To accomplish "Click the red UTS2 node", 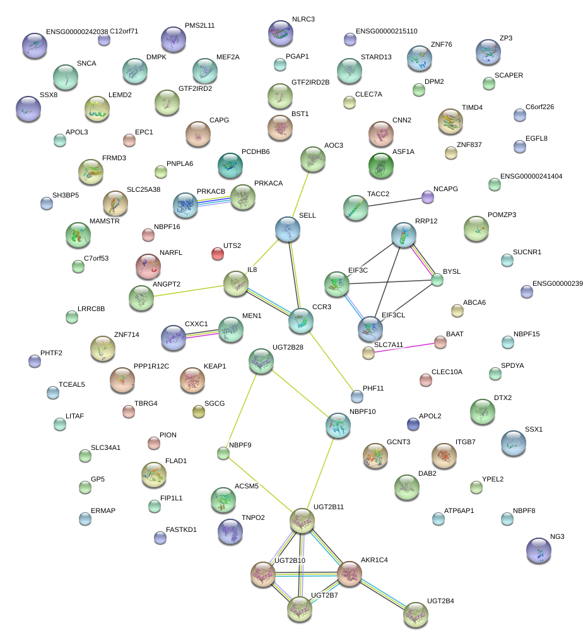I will (217, 254).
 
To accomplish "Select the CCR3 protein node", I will (300, 321).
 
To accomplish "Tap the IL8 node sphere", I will (235, 283).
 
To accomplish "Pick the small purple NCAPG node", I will (428, 197).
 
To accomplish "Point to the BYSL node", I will (437, 280).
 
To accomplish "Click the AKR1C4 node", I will (348, 574).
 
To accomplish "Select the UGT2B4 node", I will (415, 613).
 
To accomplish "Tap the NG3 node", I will (538, 550).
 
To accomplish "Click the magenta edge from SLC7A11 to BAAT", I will (404, 348).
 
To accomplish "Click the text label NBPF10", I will (362, 411).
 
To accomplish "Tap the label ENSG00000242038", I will (77, 31).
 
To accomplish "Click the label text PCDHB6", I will (256, 152).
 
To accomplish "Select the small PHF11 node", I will (357, 396).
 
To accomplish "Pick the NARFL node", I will (148, 266).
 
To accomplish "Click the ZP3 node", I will (488, 52).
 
